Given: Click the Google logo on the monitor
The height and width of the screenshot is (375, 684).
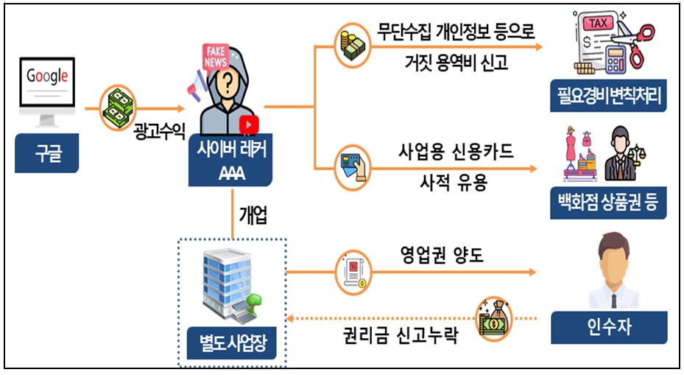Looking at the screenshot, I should (x=47, y=75).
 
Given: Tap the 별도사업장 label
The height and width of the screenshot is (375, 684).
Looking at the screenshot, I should (x=232, y=340).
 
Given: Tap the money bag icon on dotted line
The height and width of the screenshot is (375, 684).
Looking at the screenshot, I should (x=493, y=318).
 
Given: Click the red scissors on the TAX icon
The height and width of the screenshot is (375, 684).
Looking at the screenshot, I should (x=637, y=34).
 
